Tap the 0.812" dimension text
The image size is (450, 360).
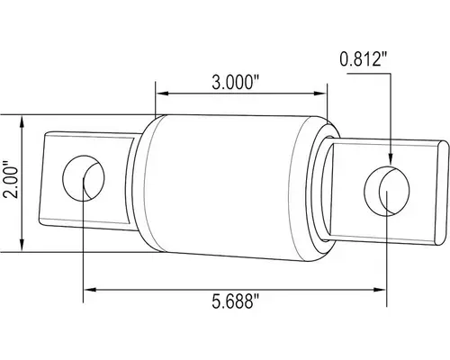click(x=364, y=60)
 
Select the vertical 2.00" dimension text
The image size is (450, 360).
click(x=12, y=183)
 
